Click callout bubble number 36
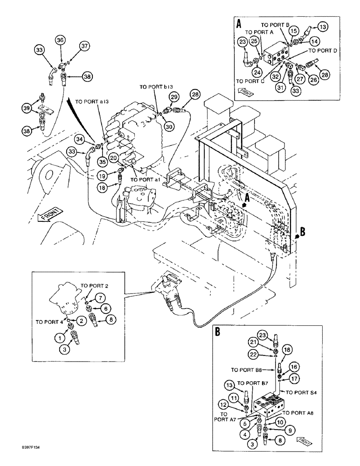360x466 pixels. [60, 41]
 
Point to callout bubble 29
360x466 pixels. [174, 96]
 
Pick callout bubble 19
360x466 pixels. [102, 177]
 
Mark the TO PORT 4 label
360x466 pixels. [49, 322]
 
